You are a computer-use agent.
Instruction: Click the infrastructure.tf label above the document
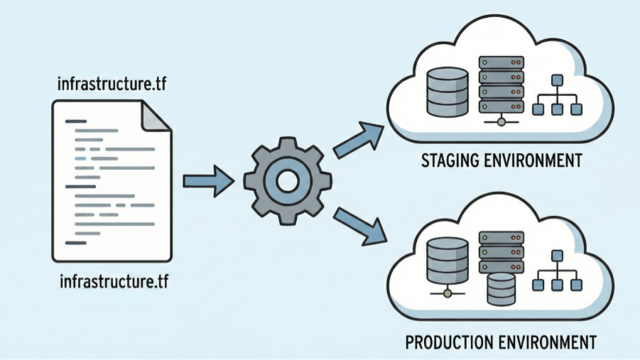112,84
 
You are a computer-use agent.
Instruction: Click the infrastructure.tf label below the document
114,282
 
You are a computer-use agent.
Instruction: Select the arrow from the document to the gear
209,181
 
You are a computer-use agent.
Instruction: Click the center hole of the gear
288,181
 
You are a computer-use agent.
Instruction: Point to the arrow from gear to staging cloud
359,138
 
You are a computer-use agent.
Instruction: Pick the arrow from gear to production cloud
359,227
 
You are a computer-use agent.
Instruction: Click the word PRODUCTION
451,342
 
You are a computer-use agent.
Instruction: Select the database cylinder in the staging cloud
448,92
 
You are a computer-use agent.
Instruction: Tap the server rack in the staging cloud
501,85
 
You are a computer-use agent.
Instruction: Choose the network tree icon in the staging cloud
557,94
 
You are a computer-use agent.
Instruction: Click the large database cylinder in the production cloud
448,261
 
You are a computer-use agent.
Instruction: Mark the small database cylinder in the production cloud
501,289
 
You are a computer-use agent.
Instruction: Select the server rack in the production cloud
501,252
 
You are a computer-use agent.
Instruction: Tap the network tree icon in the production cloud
557,271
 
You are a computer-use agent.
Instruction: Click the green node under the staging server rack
501,121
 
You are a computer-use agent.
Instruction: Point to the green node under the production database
448,293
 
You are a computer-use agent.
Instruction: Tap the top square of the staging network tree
557,80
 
